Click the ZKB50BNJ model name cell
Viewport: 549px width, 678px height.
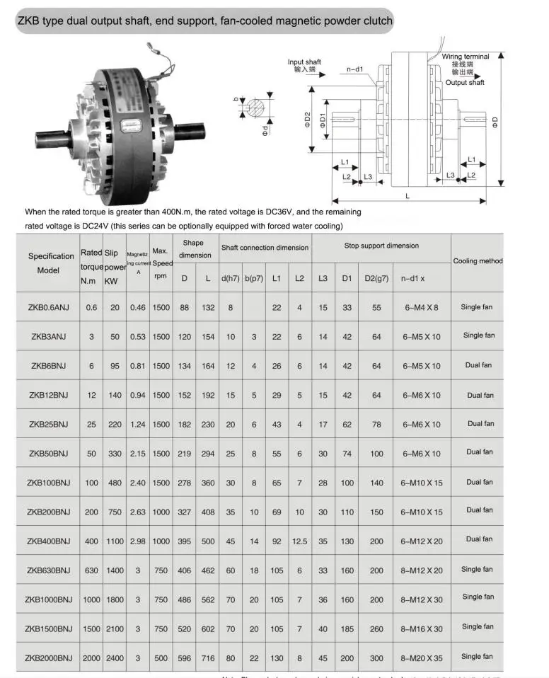tap(49, 453)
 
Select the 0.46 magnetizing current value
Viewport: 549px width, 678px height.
tap(138, 308)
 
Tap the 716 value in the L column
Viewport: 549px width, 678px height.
tap(207, 657)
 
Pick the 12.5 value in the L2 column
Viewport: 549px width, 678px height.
tap(299, 541)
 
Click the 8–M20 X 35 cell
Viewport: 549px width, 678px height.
tap(421, 657)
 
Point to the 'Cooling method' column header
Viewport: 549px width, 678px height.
tap(478, 261)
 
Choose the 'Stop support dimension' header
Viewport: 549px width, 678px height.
tap(381, 246)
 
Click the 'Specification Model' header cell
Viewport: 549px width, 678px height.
tap(51, 263)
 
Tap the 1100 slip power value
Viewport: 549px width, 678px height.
tap(115, 541)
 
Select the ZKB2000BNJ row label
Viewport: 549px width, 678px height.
tap(49, 657)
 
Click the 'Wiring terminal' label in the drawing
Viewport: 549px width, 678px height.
tap(465, 57)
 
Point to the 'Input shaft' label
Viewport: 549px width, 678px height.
tap(304, 62)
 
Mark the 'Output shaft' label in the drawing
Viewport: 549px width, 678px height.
tap(465, 83)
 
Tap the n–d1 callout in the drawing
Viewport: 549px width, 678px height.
tap(354, 69)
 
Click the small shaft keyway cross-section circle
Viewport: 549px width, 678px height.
tap(258, 108)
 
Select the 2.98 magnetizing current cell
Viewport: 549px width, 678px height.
tap(138, 541)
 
